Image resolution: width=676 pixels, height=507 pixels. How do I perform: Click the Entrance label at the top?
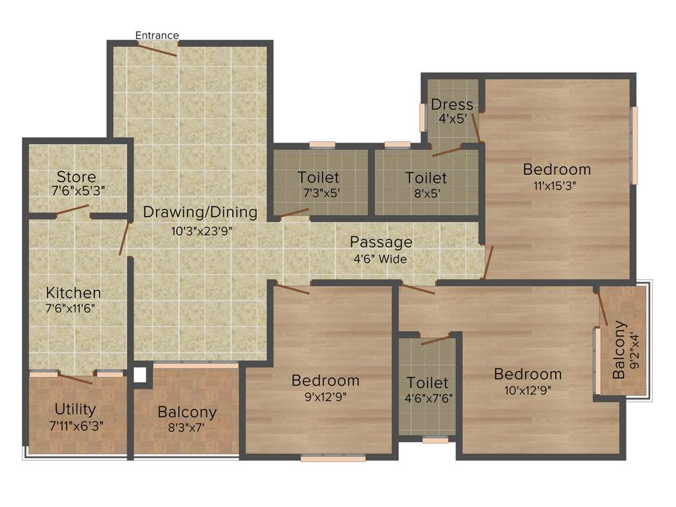(157, 35)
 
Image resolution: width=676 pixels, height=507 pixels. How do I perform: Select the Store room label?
(76, 177)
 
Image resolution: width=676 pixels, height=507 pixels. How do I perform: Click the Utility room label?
(75, 409)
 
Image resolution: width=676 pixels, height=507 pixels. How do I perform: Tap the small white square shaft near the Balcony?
(139, 375)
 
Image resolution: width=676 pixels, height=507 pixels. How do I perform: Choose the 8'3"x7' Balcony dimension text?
(187, 428)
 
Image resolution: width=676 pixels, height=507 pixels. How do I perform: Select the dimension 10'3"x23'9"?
(201, 230)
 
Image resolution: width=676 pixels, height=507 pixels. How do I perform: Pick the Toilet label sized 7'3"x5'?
(318, 177)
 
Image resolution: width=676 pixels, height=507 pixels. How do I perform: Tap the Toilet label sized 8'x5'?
(426, 178)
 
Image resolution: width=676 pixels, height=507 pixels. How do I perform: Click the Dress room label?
(452, 104)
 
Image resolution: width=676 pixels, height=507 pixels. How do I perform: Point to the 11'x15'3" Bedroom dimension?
(555, 186)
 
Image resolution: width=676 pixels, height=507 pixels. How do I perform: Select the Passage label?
(381, 242)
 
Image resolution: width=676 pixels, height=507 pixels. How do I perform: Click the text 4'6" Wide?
(380, 259)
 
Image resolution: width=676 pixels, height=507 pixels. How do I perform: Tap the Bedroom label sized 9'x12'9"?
(325, 380)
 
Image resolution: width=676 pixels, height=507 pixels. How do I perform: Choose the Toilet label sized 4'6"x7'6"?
(427, 383)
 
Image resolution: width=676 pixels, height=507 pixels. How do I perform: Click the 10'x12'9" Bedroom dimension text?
(527, 389)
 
